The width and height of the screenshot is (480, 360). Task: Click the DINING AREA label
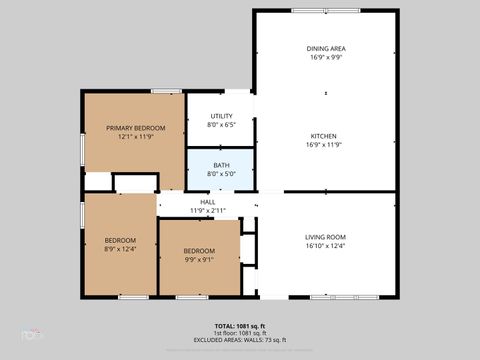click(x=325, y=48)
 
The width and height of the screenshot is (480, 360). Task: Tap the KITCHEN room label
click(x=325, y=136)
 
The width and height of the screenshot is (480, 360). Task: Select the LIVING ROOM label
click(x=325, y=236)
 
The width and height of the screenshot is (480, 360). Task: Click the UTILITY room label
click(x=221, y=117)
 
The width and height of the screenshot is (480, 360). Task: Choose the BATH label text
click(x=221, y=165)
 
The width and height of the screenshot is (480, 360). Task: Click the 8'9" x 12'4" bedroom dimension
click(x=121, y=249)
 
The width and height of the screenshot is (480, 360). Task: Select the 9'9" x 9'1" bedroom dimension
click(x=199, y=259)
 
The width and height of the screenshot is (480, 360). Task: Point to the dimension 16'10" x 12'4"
click(x=325, y=246)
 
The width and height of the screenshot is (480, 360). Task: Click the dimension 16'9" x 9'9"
click(x=325, y=57)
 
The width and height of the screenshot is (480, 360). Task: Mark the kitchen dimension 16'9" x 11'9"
click(x=325, y=145)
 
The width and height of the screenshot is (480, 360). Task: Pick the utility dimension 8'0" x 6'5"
click(x=221, y=126)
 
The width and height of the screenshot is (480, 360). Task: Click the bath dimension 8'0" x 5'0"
click(x=221, y=174)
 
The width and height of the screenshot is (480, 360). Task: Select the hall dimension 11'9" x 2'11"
click(x=208, y=211)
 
